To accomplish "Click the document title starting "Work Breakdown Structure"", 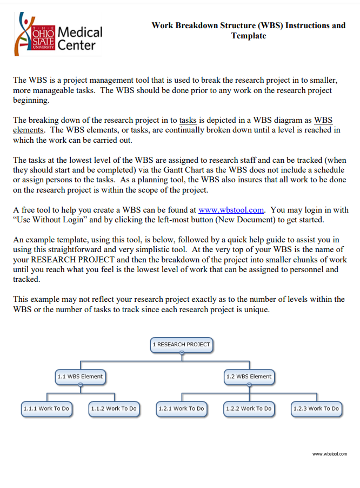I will [249, 30].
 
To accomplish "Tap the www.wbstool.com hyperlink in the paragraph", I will [231, 210].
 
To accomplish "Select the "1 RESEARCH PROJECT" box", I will [182, 344].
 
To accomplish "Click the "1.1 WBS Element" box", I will [80, 376].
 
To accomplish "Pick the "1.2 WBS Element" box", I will [249, 376].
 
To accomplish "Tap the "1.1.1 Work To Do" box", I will [46, 408].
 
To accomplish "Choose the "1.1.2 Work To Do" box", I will [114, 408].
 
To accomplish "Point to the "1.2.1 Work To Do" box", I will [181, 408].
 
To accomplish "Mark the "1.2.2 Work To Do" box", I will [249, 408].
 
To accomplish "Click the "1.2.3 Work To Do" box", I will [316, 408].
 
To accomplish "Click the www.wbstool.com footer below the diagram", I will [330, 454].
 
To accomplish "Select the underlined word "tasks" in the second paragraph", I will [188, 120].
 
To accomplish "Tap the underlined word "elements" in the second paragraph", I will [28, 130].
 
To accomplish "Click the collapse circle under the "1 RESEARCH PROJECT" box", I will [182, 352].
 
